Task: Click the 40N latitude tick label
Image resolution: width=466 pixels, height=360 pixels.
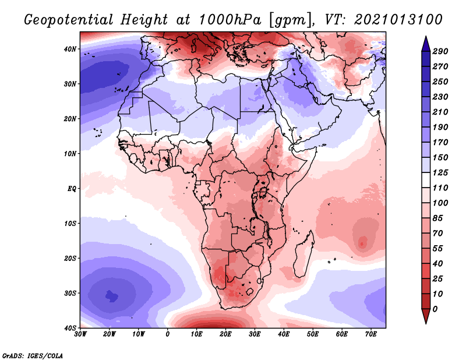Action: click(x=70, y=49)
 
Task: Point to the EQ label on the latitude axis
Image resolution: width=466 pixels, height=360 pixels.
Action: click(x=71, y=189)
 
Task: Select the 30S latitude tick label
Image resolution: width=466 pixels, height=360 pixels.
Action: click(x=70, y=293)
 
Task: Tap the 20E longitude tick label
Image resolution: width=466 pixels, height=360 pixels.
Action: click(x=225, y=334)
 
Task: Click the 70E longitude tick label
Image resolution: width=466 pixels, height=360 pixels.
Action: click(x=371, y=334)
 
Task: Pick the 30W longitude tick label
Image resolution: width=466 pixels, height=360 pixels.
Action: click(x=80, y=334)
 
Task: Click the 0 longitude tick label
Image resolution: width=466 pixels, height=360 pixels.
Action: click(x=168, y=334)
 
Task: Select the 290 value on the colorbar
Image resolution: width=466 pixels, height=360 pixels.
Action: click(x=440, y=52)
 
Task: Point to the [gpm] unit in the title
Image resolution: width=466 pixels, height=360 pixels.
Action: click(x=287, y=20)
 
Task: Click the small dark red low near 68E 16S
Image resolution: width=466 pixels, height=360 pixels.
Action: click(x=363, y=243)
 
